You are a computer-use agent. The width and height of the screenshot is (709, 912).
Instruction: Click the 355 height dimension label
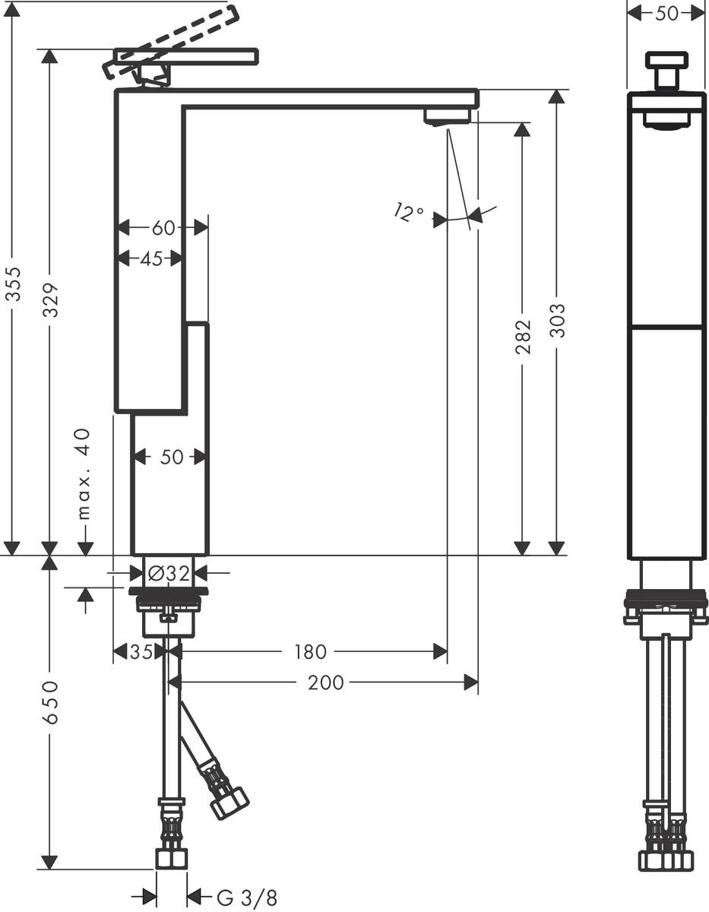(13, 283)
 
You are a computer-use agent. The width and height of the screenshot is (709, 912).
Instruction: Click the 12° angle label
(409, 212)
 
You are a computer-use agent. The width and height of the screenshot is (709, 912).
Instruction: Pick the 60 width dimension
(163, 227)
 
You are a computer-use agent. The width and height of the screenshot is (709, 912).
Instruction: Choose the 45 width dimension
(151, 258)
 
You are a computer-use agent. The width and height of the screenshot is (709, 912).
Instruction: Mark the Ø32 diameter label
(168, 574)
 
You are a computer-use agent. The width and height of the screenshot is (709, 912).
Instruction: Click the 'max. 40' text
(84, 473)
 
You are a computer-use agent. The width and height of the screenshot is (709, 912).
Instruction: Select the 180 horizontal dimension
(310, 651)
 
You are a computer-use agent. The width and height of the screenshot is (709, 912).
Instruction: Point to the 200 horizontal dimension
(325, 682)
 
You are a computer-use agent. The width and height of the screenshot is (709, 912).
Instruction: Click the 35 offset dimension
(140, 651)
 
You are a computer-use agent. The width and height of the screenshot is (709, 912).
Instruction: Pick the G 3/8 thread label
(247, 898)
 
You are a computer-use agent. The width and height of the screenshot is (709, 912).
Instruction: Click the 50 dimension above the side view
(666, 13)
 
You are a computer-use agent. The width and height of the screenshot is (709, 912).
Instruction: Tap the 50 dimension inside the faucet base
(172, 457)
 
